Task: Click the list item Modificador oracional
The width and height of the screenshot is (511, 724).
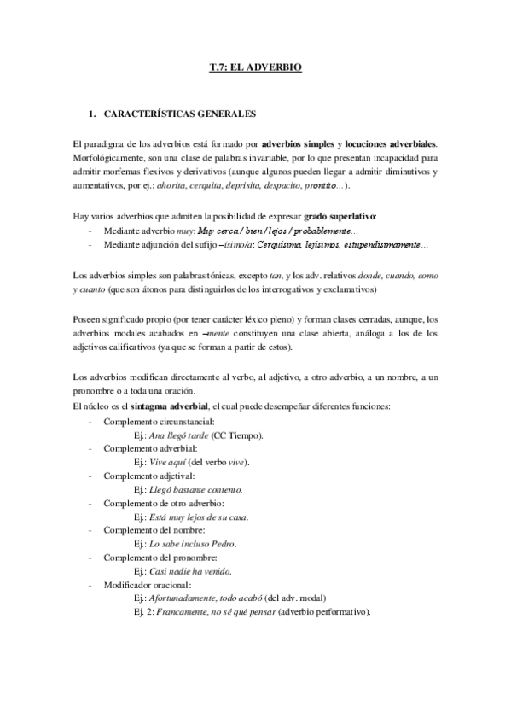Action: (x=148, y=585)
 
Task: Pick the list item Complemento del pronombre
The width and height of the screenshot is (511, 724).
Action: (x=155, y=558)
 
